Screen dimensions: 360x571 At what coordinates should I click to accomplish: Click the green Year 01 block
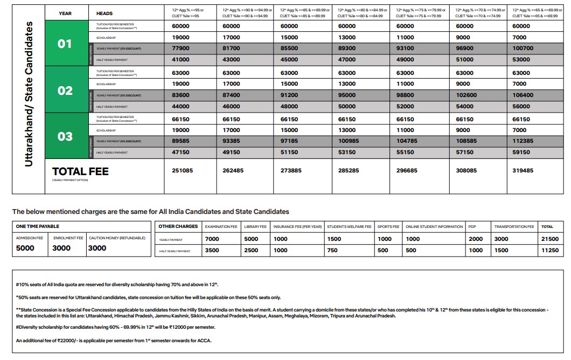pos(65,43)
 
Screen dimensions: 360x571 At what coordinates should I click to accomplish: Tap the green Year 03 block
pos(65,136)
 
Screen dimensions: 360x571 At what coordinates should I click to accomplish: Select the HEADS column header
pos(105,13)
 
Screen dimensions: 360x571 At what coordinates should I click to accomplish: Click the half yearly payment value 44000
pos(181,107)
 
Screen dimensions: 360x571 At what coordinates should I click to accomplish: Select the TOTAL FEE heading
pos(80,171)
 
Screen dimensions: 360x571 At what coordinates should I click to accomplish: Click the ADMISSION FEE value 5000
pos(25,248)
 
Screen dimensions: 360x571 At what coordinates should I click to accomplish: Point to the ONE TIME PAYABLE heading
pos(38,226)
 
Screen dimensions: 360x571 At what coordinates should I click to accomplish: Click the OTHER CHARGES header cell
pos(178,226)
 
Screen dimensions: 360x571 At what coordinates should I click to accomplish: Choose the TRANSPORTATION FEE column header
pos(514,227)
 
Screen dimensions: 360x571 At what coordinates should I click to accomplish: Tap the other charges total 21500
pos(550,239)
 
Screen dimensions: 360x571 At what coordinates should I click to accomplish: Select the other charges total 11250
pos(550,251)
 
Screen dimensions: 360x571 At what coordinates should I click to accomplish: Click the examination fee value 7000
pos(212,239)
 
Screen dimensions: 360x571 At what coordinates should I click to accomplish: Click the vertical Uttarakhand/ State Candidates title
pos(29,94)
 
